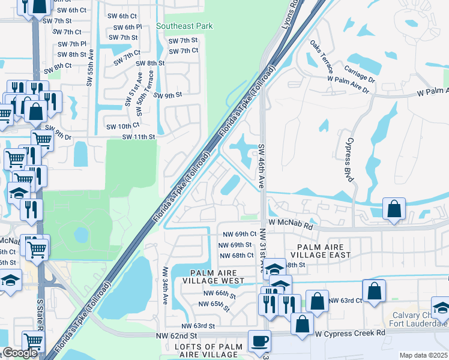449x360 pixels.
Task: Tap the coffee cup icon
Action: tap(259, 341)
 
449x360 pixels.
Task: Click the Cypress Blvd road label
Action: tap(348, 158)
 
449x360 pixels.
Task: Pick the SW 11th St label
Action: tap(139, 137)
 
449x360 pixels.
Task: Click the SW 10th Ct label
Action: tap(122, 125)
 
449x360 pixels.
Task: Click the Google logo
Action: tap(20, 353)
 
